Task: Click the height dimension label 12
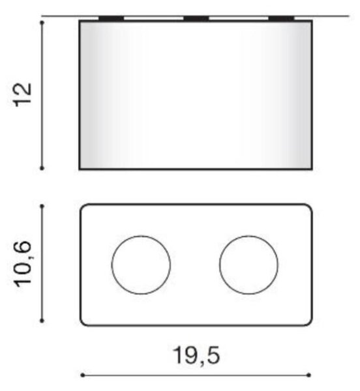[23, 94]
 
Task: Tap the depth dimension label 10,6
[23, 265]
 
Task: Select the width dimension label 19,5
[196, 356]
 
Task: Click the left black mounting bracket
[112, 18]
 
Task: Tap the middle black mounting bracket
[196, 18]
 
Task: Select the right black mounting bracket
[282, 18]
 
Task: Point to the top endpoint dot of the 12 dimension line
[42, 23]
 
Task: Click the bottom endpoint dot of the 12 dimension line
[42, 168]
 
